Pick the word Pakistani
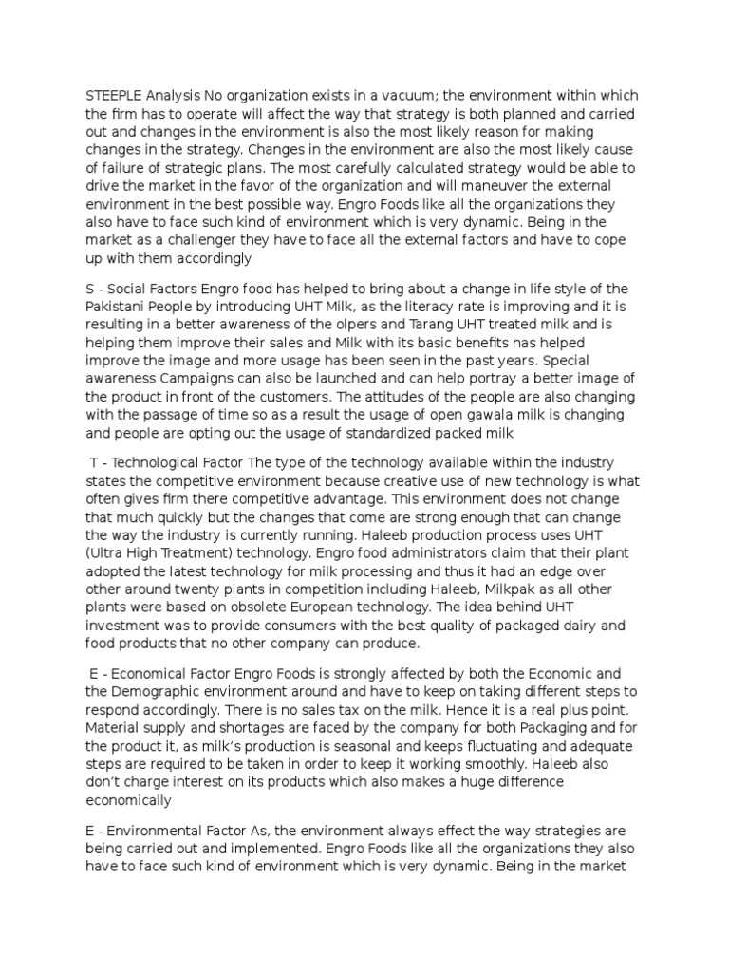(x=118, y=307)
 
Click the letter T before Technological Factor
(x=94, y=463)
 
